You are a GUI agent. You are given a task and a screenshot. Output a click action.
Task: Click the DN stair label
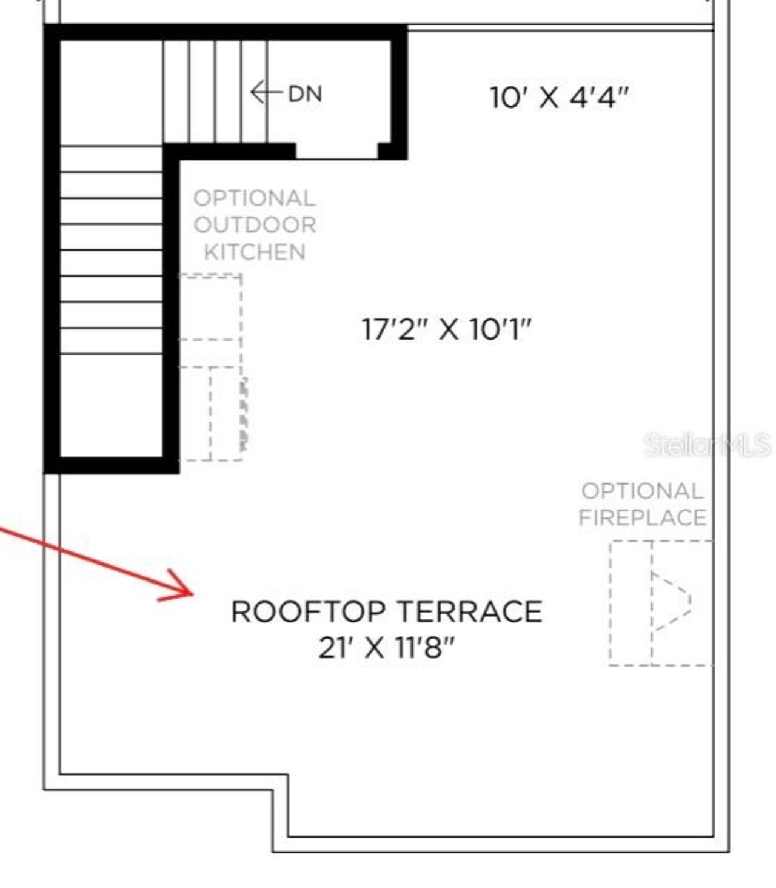305,94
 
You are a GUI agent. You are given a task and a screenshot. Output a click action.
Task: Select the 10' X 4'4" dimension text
558,97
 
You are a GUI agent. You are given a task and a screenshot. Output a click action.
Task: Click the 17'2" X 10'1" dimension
446,329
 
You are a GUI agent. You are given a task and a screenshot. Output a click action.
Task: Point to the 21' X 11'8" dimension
386,648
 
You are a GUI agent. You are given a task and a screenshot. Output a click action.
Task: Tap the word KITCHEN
255,252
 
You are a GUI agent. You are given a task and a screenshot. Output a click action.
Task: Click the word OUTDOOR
255,225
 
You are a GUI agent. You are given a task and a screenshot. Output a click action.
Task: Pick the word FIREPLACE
643,517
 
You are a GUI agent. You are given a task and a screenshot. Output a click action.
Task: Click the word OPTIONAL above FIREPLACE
643,491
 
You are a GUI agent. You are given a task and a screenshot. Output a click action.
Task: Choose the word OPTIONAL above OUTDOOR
255,198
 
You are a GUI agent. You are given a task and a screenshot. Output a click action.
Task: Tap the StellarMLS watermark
707,445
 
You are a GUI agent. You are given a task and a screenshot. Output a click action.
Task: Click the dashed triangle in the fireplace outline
671,600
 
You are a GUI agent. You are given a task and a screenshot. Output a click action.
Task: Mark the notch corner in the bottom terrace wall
280,782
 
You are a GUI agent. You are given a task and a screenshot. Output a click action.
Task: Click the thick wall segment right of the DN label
398,91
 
